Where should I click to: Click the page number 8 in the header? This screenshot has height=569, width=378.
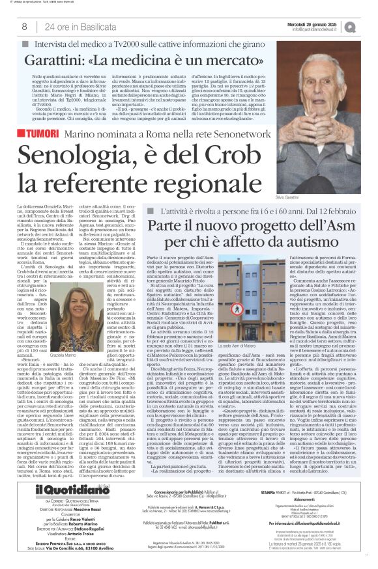pos(24,27)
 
